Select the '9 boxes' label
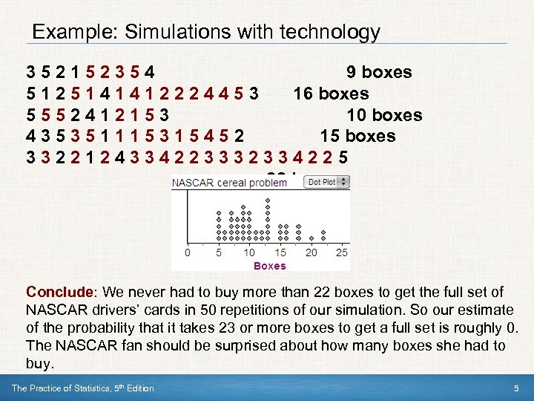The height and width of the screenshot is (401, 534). coord(379,72)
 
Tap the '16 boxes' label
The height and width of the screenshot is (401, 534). coord(331,94)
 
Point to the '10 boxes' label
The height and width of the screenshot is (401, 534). coord(384,115)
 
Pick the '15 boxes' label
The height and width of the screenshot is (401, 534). coord(357,137)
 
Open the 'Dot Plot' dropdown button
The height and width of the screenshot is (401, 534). coord(323,182)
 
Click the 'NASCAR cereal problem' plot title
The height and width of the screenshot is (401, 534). coord(229,183)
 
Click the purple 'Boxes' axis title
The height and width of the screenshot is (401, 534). coord(269,266)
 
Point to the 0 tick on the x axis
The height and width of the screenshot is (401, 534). coord(187,253)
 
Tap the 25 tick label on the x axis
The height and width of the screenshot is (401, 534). coord(342,253)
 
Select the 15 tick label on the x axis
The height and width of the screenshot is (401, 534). coord(280,253)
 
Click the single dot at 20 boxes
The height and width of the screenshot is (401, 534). coord(311,238)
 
